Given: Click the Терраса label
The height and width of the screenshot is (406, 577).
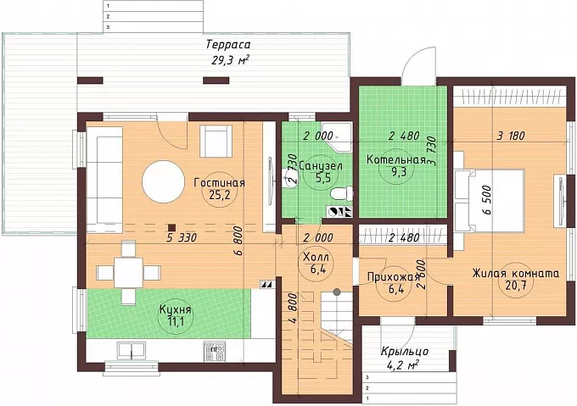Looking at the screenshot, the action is [228, 45].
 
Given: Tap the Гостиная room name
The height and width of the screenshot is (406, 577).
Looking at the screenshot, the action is [219, 183].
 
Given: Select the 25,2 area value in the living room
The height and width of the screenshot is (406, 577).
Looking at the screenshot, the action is [219, 195].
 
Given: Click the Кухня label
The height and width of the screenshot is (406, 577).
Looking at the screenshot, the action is [175, 309].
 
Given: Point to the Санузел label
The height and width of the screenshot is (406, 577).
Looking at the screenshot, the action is [321, 166].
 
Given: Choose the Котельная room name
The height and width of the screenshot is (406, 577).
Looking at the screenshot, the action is [396, 160].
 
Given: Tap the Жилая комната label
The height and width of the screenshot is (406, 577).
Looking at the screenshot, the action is [516, 274].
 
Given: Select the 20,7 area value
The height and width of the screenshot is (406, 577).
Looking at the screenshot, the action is [515, 286].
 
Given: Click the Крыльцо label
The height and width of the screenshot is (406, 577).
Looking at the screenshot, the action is [405, 352].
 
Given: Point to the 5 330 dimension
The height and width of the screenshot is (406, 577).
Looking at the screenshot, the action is [182, 237].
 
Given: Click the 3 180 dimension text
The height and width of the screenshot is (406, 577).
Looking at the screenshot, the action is [511, 136].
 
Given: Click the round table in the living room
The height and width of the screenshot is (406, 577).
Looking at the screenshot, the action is [164, 181].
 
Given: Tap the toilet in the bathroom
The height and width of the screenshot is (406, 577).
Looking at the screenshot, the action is [342, 193].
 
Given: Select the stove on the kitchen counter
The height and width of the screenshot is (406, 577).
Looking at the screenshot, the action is [214, 352].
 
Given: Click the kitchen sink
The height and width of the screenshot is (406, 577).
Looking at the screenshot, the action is [132, 350].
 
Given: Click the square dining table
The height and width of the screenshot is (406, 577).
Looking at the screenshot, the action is [128, 273].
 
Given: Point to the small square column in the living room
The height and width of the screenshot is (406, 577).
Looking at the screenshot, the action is [171, 228].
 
